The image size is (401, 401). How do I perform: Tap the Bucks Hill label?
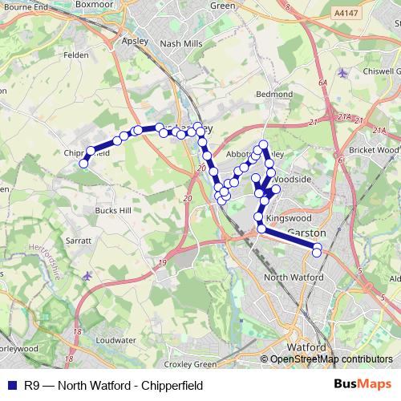(111, 209)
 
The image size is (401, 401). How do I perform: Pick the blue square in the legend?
(12, 386)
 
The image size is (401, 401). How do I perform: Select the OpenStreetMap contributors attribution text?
(330, 359)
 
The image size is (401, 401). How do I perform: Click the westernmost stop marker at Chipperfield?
(83, 164)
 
